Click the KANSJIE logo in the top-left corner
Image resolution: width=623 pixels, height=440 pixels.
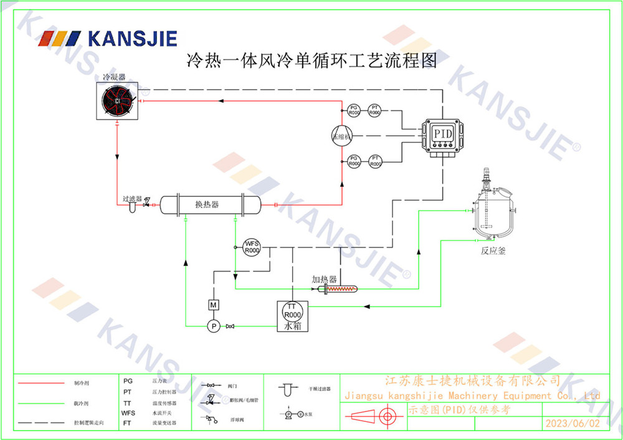coord(108,39)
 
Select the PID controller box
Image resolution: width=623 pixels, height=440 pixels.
coord(443,135)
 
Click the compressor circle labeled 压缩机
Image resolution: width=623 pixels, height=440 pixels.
coord(342,135)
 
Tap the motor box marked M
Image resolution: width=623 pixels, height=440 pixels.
coord(213,304)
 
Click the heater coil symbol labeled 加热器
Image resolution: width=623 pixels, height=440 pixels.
coord(341,289)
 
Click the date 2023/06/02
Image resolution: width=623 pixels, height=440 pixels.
coord(572,423)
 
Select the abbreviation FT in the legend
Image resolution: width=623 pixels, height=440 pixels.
coord(127,423)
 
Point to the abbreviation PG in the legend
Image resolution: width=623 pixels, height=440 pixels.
coord(128,380)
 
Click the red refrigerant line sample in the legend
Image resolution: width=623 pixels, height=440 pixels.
coord(40,383)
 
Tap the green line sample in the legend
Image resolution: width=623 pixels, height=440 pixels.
coord(40,403)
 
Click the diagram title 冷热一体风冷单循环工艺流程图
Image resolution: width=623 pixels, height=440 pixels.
coord(311,60)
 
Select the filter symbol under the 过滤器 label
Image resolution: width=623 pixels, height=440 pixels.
coord(132,208)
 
